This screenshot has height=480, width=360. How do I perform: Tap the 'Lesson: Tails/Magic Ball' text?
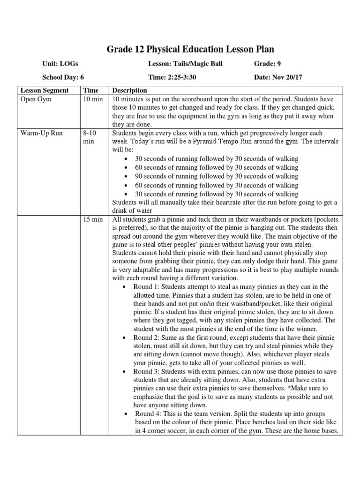click(185, 64)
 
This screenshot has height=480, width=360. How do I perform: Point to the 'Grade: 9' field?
click(267, 64)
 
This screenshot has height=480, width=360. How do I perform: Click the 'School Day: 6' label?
click(63, 77)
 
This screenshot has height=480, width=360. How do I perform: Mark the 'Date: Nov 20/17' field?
click(278, 77)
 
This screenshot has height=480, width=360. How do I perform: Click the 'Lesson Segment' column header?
click(44, 90)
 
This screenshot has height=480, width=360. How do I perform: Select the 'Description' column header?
click(129, 90)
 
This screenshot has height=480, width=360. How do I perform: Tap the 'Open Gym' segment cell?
click(36, 99)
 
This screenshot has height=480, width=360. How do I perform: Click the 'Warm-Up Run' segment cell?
click(41, 133)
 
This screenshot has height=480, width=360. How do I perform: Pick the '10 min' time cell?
click(91, 99)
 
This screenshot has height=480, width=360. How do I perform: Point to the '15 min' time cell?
click(91, 219)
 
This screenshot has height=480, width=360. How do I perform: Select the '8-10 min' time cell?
click(89, 137)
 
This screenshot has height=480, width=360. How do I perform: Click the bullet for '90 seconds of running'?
click(127, 177)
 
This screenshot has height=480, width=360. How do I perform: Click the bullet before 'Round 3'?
click(123, 372)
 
